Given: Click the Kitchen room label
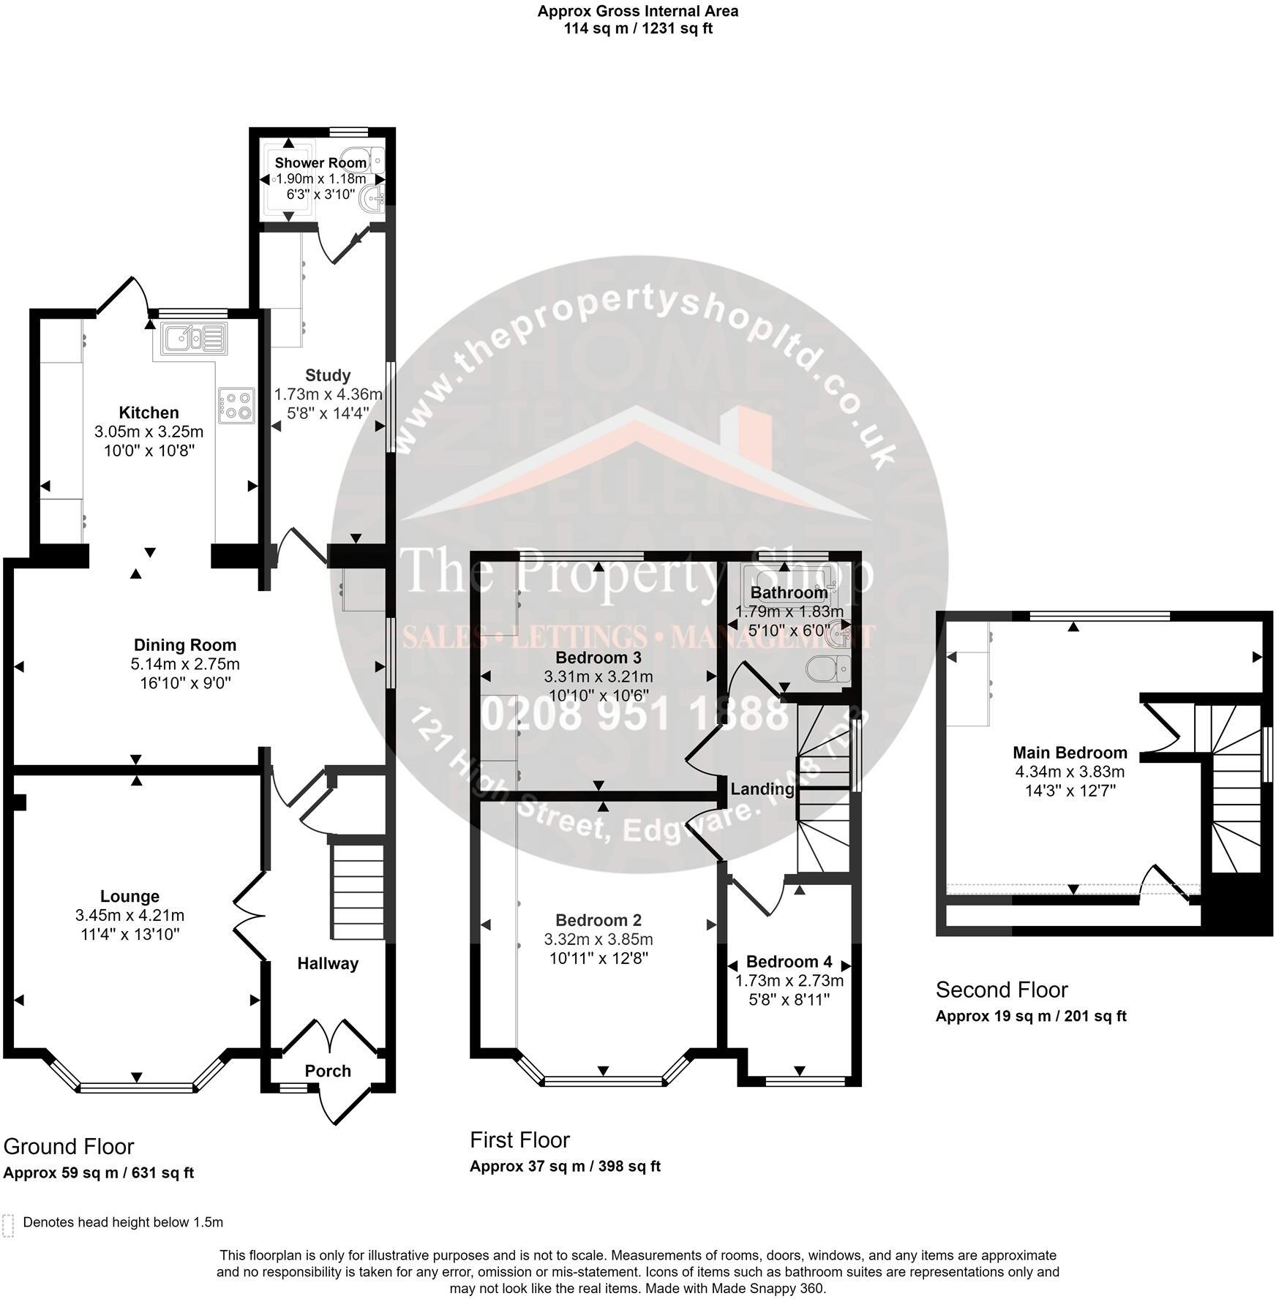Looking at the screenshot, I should [149, 413].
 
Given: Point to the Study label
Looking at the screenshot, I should [328, 375].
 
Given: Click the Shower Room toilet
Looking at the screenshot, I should [374, 159].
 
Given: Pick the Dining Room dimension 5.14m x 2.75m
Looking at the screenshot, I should [185, 664].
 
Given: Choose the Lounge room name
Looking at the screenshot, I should [130, 896].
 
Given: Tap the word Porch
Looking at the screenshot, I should [328, 1071].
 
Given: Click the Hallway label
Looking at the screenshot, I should [328, 963].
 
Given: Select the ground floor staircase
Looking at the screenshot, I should [358, 892].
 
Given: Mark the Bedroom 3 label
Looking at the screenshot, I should [598, 657].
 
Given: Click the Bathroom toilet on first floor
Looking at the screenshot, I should [830, 668].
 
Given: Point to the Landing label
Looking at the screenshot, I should [762, 788].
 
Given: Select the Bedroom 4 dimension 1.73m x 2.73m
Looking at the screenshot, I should [789, 980].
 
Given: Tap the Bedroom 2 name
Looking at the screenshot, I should [598, 920].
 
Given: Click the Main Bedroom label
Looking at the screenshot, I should [1070, 752].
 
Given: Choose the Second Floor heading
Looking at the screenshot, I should [1002, 990].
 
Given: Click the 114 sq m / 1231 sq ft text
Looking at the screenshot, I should [638, 29].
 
